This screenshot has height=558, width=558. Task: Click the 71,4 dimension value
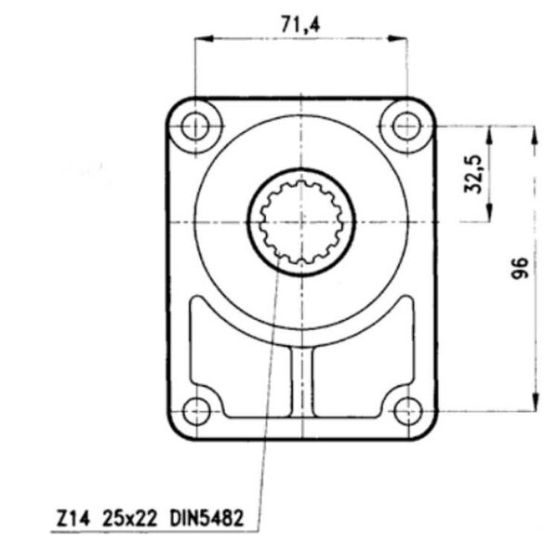(300, 25)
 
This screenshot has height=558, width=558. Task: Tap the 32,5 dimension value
(473, 174)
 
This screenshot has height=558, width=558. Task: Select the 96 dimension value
(520, 268)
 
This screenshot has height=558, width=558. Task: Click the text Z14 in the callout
(73, 519)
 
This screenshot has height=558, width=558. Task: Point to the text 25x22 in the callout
(129, 519)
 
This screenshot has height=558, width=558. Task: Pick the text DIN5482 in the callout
(206, 518)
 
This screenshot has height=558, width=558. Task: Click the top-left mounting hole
(195, 126)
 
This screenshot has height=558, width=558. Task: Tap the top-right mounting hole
(406, 126)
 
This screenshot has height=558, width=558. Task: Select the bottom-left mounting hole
(196, 411)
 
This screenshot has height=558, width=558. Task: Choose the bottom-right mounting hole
(408, 411)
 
